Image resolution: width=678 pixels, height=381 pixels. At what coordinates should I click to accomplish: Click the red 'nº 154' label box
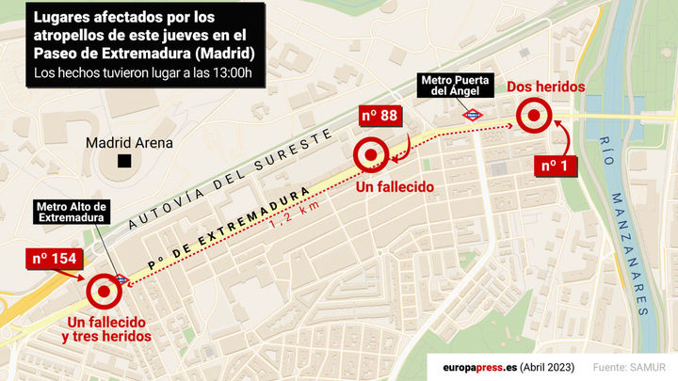[x=52, y=259]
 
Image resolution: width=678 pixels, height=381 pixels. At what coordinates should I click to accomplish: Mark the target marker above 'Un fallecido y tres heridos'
[x=103, y=292]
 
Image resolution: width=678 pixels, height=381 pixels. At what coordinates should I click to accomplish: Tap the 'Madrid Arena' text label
[x=129, y=143]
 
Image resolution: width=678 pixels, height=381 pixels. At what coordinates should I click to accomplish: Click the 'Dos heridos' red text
[x=546, y=87]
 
